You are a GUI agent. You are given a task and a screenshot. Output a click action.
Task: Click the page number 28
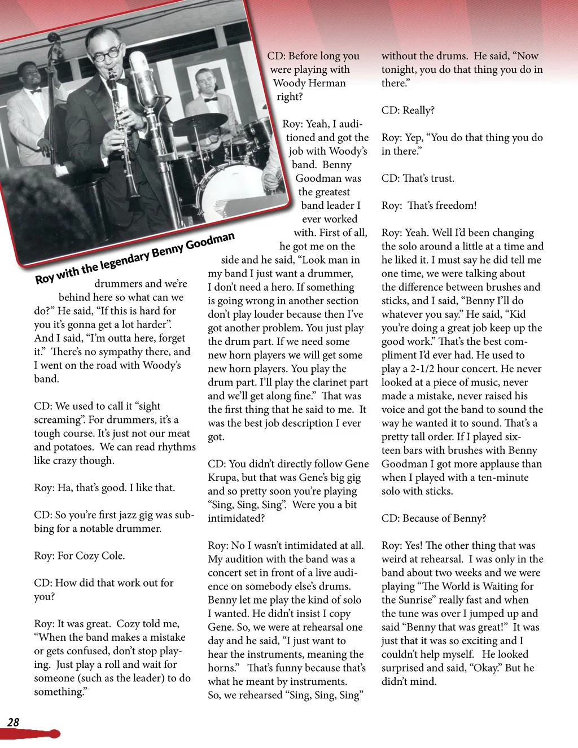pos(13,722)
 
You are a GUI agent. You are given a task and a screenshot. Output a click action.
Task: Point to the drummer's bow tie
pos(211,99)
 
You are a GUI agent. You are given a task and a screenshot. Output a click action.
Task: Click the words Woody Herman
pos(309,83)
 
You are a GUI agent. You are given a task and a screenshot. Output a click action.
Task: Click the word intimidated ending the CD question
pos(235,518)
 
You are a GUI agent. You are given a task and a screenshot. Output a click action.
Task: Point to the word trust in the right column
pos(441,178)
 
